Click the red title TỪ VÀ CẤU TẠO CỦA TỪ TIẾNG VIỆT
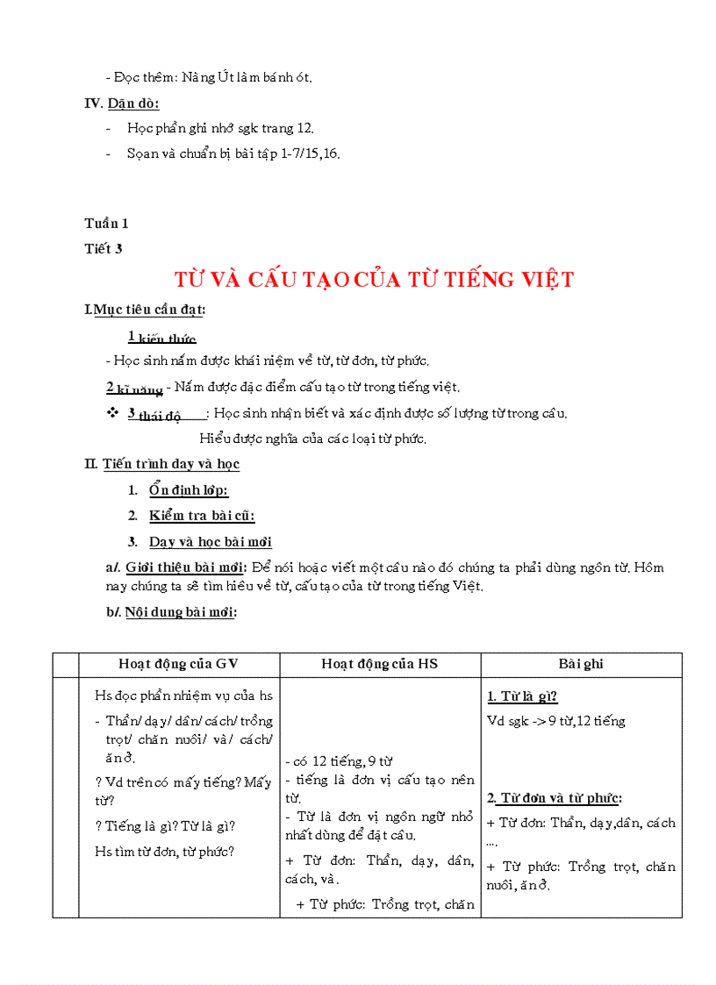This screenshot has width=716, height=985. pyautogui.click(x=374, y=280)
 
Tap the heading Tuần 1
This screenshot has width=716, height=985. pyautogui.click(x=106, y=224)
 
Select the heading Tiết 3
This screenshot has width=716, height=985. pyautogui.click(x=104, y=248)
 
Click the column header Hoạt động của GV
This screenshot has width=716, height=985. pyautogui.click(x=179, y=665)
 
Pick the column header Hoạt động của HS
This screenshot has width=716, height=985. pyautogui.click(x=379, y=665)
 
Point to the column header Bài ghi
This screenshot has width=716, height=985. pyautogui.click(x=581, y=665)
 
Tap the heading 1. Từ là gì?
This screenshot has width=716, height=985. pyautogui.click(x=523, y=697)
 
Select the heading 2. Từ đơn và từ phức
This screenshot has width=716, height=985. pyautogui.click(x=555, y=798)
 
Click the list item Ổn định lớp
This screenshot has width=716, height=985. pyautogui.click(x=189, y=491)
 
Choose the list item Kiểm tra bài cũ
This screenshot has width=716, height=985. pyautogui.click(x=202, y=517)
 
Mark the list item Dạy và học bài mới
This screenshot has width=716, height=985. pyautogui.click(x=210, y=542)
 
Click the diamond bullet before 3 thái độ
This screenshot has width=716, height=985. pyautogui.click(x=111, y=412)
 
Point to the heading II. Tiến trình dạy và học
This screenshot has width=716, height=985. pyautogui.click(x=162, y=464)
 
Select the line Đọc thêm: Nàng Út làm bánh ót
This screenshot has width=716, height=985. pyautogui.click(x=208, y=77)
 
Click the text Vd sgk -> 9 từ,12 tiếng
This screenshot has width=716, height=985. pyautogui.click(x=555, y=721)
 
